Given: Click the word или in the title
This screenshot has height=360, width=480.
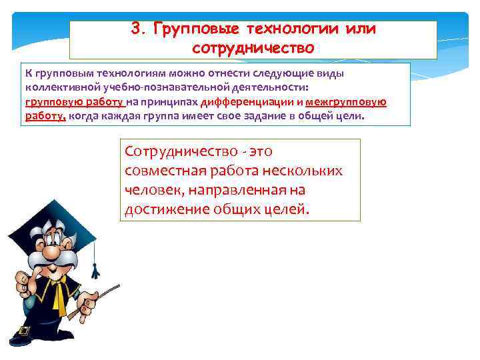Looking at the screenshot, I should pos(358,29).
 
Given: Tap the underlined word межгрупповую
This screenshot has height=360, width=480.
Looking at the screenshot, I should pos(347,102).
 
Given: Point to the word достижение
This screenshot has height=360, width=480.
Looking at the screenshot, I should pos(167,210).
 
